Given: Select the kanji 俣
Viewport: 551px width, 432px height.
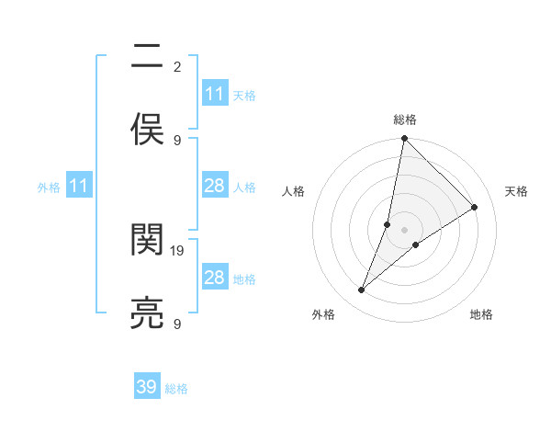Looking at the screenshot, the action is point(148,130).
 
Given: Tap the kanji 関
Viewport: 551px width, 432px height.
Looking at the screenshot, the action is point(148,240).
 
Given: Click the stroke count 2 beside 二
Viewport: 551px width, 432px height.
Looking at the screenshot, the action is point(177,66).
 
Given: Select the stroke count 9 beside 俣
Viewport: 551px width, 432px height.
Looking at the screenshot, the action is point(177,140).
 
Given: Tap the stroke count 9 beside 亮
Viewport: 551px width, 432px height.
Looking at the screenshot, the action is point(177,324).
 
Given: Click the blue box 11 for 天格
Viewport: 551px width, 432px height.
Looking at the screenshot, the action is point(215,94).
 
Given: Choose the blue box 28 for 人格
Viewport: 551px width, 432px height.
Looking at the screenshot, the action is point(215,186).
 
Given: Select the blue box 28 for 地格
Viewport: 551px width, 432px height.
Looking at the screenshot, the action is point(215,278).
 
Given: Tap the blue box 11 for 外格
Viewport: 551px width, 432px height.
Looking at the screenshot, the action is point(79,186).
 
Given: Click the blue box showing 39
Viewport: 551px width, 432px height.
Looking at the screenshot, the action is point(147,387).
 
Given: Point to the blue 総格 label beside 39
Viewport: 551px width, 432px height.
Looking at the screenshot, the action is point(176,389).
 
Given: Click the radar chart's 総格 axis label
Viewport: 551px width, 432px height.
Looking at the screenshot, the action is point(405,119).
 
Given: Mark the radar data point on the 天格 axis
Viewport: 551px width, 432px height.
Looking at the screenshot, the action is point(475,208).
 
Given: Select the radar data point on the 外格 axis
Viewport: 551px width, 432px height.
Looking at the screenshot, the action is point(362,290).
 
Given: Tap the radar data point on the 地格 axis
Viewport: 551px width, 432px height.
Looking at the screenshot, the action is point(416,244).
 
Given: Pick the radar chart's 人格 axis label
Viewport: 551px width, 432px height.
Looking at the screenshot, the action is point(294,191).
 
